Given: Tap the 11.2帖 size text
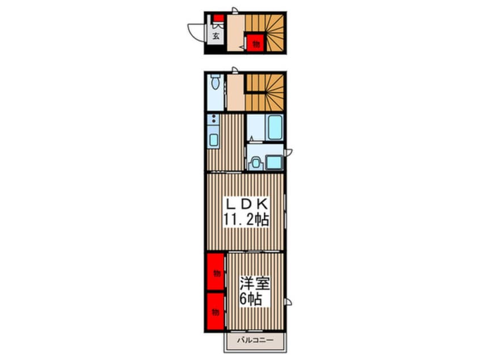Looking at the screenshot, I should coord(245,220).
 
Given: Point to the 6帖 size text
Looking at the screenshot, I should coord(250,299).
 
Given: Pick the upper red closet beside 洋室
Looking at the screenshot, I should coord(216,273).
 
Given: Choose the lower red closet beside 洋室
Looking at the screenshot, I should coord(216,311).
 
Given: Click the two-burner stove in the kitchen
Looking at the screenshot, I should coord(213,120).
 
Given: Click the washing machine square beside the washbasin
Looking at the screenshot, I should coord(275,162).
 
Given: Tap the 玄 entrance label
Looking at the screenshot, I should coord(216,36).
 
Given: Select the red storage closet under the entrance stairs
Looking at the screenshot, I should coord(256,43).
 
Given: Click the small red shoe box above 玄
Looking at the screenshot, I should coord(217,17).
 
